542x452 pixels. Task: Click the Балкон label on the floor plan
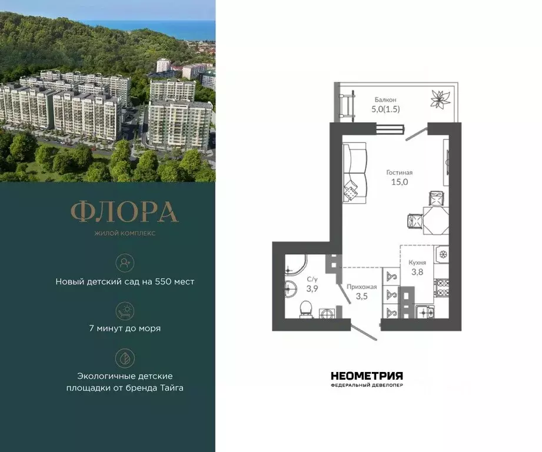point(385,99)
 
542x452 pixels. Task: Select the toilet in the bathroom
point(305,308)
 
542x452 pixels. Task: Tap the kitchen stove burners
point(441,286)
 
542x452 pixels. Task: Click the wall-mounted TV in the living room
point(447,159)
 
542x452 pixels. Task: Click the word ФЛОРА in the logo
point(124,212)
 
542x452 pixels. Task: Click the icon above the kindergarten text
point(125,262)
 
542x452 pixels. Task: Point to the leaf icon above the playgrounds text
point(125,357)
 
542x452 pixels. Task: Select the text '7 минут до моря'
point(125,328)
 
